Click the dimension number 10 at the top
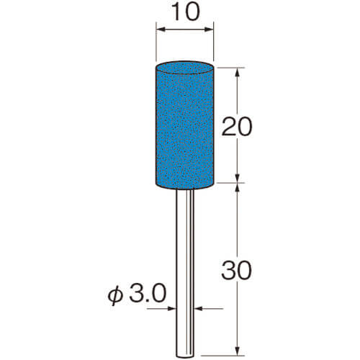(186, 12)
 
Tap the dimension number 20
(237, 127)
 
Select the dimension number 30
(237, 271)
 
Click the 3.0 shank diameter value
(148, 293)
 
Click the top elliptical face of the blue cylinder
(185, 68)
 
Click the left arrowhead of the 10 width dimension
(161, 30)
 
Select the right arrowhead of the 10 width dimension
(209, 30)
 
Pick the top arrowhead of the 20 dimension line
(238, 73)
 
